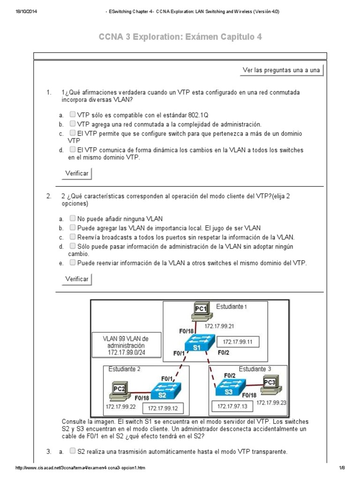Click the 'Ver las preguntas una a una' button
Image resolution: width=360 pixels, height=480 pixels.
pos(281,70)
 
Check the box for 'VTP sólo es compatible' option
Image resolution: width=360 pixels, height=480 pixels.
pos(73,114)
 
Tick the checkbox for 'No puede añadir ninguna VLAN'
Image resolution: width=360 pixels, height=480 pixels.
pos(73,218)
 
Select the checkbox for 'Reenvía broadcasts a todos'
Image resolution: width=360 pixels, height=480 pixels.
pos(73,237)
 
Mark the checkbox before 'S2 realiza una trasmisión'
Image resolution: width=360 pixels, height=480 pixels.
pos(73,451)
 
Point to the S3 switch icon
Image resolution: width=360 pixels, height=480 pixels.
pos(228,389)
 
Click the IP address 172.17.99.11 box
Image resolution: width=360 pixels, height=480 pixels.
pos(237,342)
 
